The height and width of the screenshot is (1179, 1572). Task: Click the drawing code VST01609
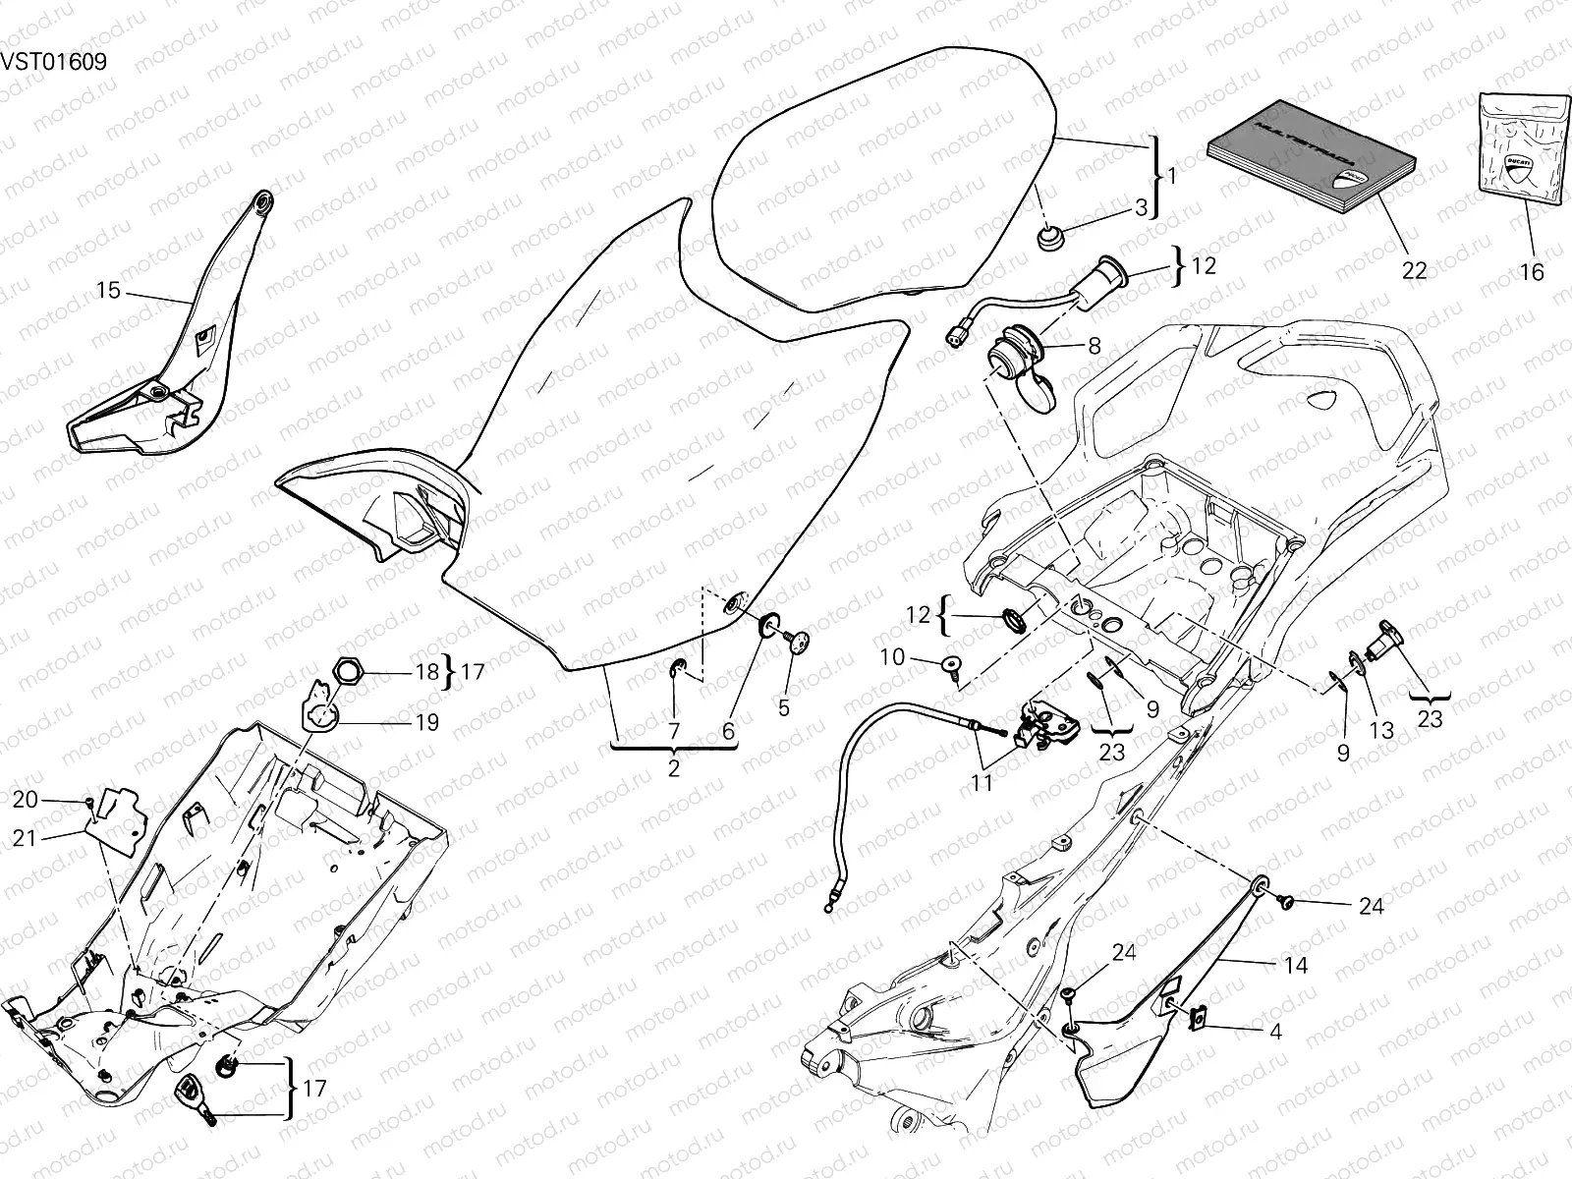(x=53, y=61)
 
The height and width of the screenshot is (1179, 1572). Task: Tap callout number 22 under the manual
(x=1414, y=271)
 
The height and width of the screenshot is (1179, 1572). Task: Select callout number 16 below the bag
(x=1532, y=272)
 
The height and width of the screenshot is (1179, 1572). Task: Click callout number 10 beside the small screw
(x=891, y=657)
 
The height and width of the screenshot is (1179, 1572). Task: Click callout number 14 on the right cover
(x=1296, y=965)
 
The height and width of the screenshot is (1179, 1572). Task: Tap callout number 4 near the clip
(x=1275, y=1032)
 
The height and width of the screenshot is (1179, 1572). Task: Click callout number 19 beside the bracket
(x=426, y=722)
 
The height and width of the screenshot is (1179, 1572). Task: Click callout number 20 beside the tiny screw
(x=26, y=800)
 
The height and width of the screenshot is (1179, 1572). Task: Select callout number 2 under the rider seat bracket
(x=673, y=768)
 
